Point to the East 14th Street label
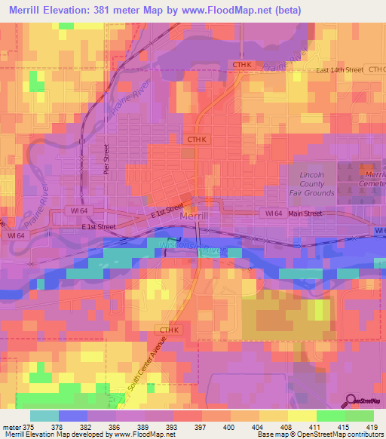339,69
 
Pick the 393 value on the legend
173,426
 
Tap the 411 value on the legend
317,426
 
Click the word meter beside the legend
11,426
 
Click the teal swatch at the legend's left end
44,416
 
